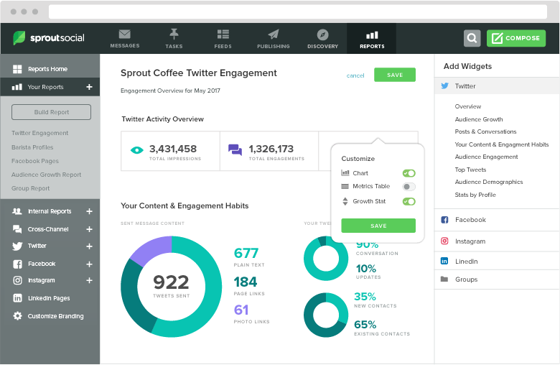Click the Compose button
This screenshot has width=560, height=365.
(515, 38)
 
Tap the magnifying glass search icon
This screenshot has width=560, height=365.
(472, 38)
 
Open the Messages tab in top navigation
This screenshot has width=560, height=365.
(125, 39)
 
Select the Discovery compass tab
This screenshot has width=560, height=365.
(322, 39)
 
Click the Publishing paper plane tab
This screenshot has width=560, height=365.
(274, 39)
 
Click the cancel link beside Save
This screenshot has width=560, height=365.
(355, 75)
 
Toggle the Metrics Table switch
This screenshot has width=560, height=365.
(409, 186)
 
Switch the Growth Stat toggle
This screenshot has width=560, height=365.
(409, 201)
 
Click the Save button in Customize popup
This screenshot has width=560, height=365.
(378, 226)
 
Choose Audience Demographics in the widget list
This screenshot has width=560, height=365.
(488, 182)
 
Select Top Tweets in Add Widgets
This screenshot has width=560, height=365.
(470, 170)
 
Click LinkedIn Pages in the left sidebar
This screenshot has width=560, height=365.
(48, 298)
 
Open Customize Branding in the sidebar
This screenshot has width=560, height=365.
(55, 316)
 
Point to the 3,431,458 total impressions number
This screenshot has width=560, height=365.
(172, 149)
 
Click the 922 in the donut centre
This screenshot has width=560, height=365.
(171, 282)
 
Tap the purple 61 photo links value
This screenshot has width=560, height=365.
(241, 310)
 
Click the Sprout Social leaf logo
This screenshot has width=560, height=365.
(20, 38)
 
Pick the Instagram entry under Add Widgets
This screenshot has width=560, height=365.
(470, 241)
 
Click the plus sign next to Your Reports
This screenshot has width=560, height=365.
(90, 87)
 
